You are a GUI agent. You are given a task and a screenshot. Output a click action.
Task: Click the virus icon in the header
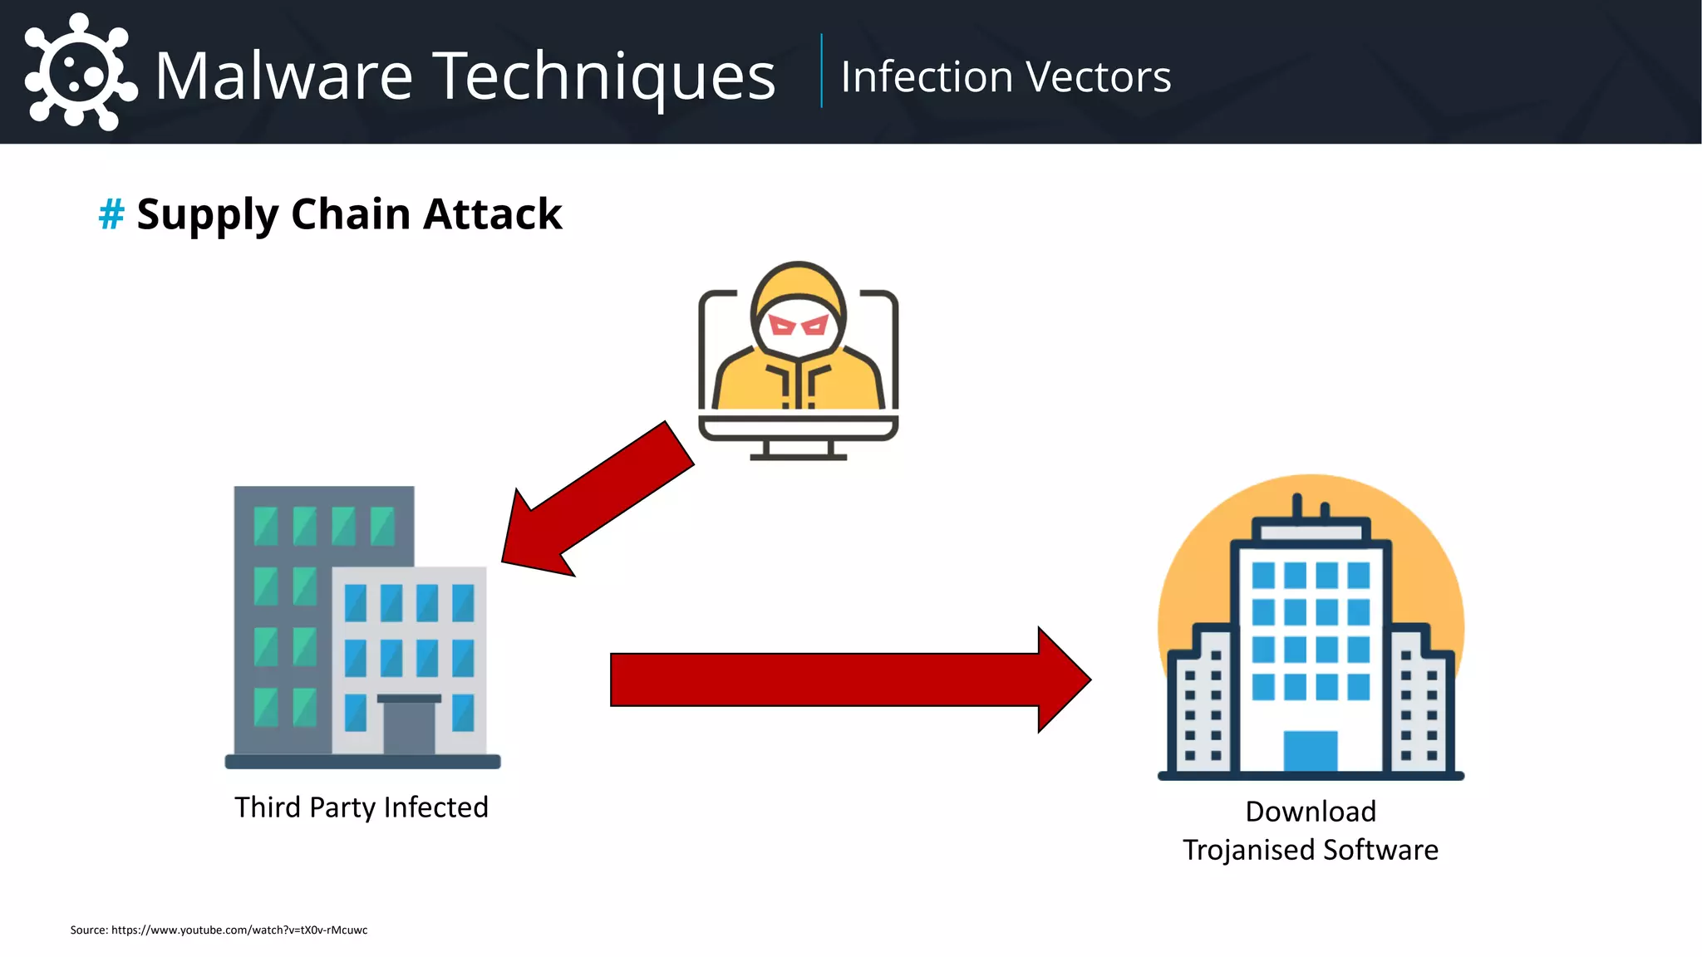[80, 72]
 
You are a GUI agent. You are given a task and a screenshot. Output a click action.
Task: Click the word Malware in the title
[283, 76]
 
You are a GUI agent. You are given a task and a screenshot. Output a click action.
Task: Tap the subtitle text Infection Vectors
[1005, 77]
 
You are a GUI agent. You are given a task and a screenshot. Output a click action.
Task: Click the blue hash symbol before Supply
[111, 214]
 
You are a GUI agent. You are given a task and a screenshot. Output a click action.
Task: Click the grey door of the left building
[409, 726]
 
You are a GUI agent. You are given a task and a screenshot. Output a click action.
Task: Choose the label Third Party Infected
[362, 807]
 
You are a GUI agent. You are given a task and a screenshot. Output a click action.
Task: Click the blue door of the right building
[1311, 751]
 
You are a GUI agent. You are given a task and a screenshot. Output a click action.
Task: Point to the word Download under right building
[1311, 812]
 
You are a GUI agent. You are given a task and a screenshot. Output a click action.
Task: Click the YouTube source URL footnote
[239, 930]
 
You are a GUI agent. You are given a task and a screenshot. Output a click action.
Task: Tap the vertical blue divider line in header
[821, 71]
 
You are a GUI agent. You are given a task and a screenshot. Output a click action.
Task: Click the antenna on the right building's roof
[1296, 507]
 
